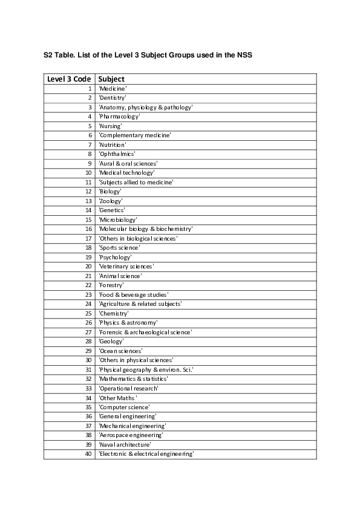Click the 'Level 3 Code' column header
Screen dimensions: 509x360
(69, 79)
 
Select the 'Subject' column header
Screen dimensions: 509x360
(111, 79)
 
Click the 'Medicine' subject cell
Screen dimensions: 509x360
(113, 88)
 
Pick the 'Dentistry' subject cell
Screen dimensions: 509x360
(113, 97)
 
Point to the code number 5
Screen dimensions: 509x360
(89, 126)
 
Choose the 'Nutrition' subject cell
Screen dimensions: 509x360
(113, 144)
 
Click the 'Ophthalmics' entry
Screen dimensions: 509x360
(117, 154)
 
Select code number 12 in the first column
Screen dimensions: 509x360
(88, 192)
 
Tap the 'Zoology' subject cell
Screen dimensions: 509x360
(111, 201)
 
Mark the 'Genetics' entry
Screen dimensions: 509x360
(112, 210)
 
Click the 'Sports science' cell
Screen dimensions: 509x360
(119, 248)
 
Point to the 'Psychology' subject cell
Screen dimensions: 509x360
(115, 257)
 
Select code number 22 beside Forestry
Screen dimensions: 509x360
(88, 285)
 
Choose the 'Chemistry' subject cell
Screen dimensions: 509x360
(114, 314)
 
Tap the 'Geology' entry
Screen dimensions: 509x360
(111, 342)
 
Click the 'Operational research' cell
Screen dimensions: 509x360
(128, 388)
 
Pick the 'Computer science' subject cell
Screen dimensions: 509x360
(124, 407)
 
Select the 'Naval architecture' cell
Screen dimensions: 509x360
(125, 444)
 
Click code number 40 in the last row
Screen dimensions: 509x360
(88, 454)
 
